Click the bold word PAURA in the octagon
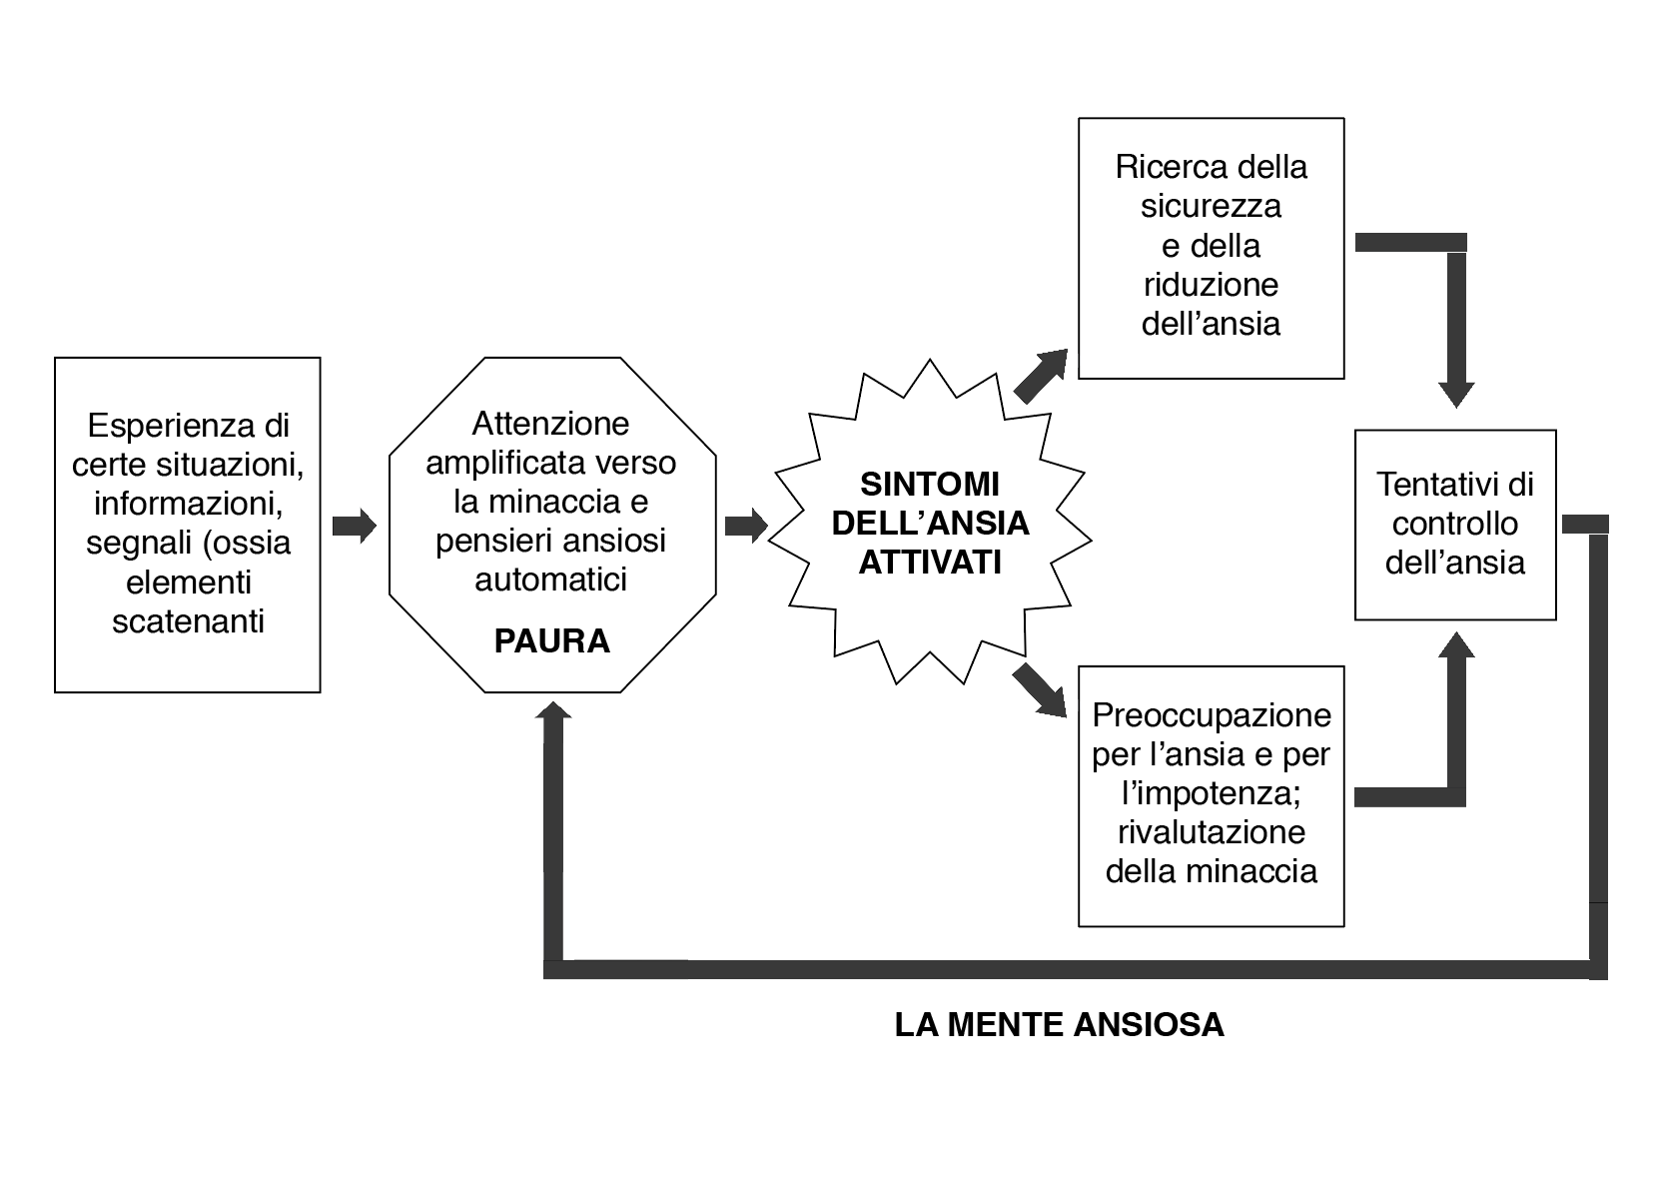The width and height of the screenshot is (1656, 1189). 551,640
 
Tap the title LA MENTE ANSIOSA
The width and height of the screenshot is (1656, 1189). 1059,1025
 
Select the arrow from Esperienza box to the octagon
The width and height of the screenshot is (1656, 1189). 354,526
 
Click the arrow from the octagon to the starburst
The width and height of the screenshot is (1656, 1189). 745,526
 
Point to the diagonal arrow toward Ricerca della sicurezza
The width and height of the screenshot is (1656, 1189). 1041,376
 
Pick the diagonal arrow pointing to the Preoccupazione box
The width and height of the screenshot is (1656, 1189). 1040,690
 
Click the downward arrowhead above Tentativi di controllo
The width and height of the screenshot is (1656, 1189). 1456,393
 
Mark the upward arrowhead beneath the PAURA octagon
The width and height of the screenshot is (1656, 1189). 553,710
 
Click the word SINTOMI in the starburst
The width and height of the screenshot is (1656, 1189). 930,485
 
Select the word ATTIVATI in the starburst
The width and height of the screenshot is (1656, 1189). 930,563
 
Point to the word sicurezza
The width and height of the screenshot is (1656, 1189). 1211,206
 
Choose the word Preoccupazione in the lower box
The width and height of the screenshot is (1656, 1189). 1211,715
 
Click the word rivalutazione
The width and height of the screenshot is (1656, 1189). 1211,832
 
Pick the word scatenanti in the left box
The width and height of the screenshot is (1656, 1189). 188,621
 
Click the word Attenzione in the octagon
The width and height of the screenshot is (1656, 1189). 550,424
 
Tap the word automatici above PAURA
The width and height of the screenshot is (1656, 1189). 550,580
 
